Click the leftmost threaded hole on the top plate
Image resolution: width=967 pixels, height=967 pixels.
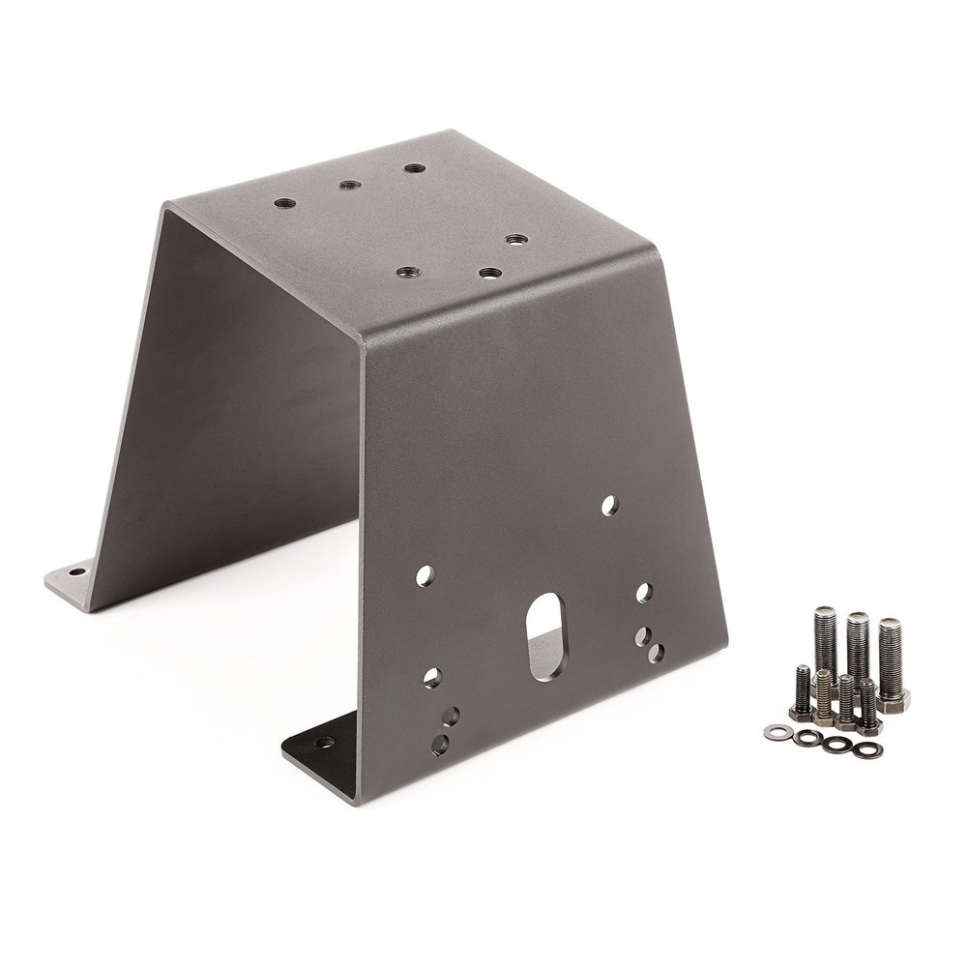(x=284, y=204)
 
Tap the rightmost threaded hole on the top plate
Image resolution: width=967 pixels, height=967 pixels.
(x=515, y=239)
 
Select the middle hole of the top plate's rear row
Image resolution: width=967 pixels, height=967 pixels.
(x=349, y=184)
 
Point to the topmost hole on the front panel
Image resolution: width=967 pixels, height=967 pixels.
(x=609, y=504)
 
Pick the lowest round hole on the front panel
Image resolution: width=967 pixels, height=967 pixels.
(x=441, y=744)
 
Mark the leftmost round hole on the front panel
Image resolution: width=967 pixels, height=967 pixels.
(x=425, y=575)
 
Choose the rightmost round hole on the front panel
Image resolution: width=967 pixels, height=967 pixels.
(x=657, y=654)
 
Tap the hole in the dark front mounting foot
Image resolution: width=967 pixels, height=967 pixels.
(x=324, y=743)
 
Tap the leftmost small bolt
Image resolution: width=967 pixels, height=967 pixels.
(x=802, y=691)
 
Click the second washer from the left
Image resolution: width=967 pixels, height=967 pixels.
(x=805, y=738)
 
